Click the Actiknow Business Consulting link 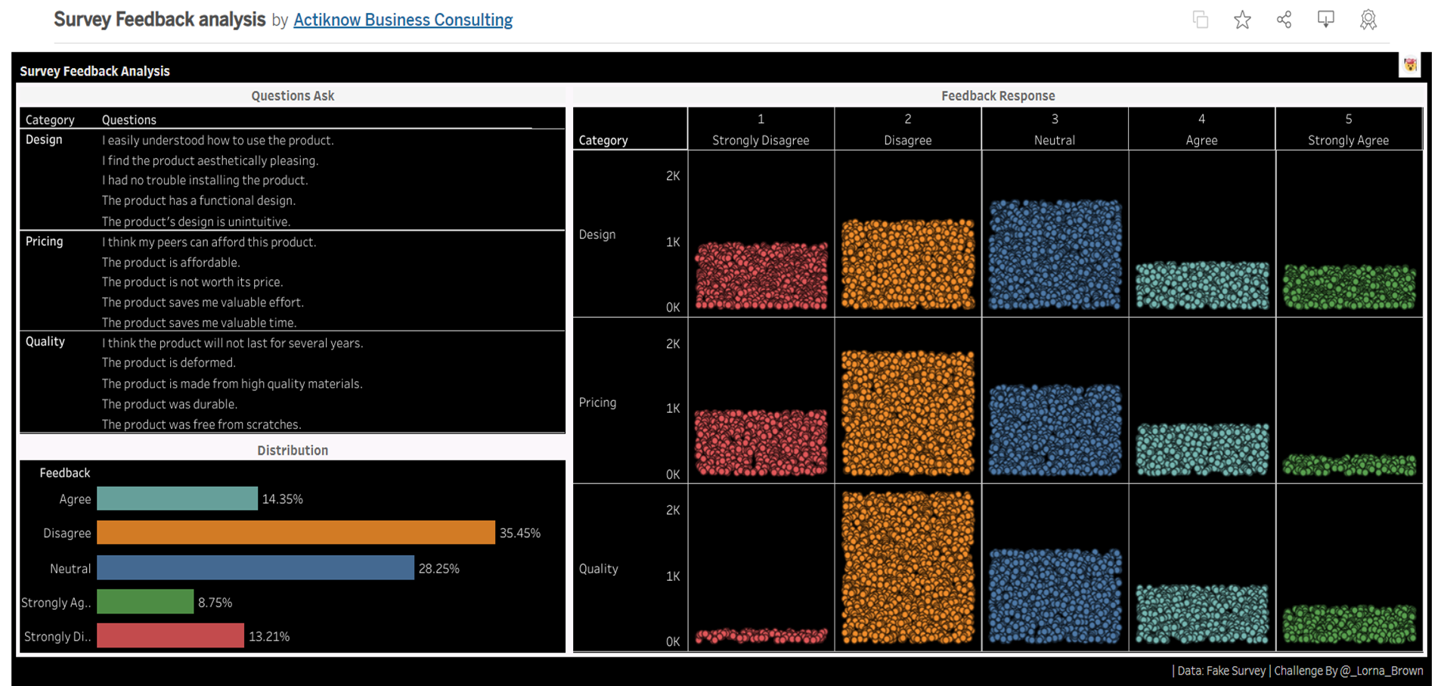click(x=402, y=20)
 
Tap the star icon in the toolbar click(x=1241, y=20)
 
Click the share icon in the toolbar click(x=1284, y=20)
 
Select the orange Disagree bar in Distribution click(x=296, y=532)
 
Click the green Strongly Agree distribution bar click(x=145, y=602)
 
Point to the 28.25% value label click(x=438, y=569)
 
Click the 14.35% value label click(x=282, y=499)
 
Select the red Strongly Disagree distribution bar click(x=170, y=636)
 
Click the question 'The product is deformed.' click(x=169, y=363)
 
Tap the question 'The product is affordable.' click(x=171, y=262)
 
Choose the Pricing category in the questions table click(x=45, y=241)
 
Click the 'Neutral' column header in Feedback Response click(x=1054, y=141)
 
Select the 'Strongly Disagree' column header click(x=760, y=141)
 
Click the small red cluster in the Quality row click(x=761, y=635)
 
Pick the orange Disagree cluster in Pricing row click(x=907, y=413)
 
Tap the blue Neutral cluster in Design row click(x=1054, y=254)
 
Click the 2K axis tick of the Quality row click(x=672, y=511)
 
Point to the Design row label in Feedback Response click(x=597, y=234)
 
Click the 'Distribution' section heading click(x=293, y=450)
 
